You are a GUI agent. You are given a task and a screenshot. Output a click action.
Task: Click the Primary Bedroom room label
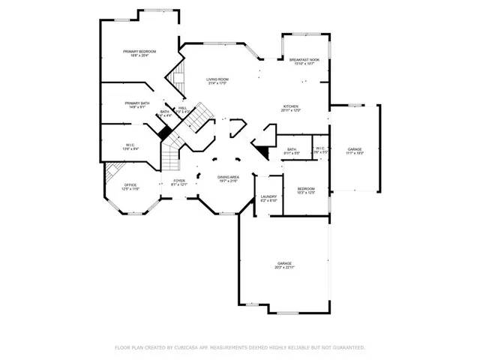139,51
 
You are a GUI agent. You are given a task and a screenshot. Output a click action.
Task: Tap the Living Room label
217,79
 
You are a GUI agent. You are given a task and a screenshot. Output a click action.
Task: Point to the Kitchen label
291,106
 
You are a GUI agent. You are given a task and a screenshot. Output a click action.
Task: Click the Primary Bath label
137,103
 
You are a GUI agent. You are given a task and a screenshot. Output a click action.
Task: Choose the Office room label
130,185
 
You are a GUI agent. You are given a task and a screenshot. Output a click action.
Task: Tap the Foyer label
179,181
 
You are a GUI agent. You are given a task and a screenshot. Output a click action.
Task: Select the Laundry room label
268,197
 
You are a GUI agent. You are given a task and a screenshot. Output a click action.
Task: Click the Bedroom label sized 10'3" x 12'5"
305,188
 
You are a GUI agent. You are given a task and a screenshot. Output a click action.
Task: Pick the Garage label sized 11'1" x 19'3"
355,149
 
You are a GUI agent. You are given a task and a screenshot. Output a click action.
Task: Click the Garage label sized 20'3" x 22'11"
284,263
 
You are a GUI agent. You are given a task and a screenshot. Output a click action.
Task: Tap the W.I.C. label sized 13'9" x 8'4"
130,145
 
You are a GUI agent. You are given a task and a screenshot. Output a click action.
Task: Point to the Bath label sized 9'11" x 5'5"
291,149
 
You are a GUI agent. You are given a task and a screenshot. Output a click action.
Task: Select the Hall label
182,108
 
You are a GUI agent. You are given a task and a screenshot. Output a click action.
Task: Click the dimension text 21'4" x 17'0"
217,83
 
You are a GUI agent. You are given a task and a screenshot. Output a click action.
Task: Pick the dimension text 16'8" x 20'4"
139,55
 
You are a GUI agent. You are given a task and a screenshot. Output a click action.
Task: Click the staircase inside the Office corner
112,172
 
